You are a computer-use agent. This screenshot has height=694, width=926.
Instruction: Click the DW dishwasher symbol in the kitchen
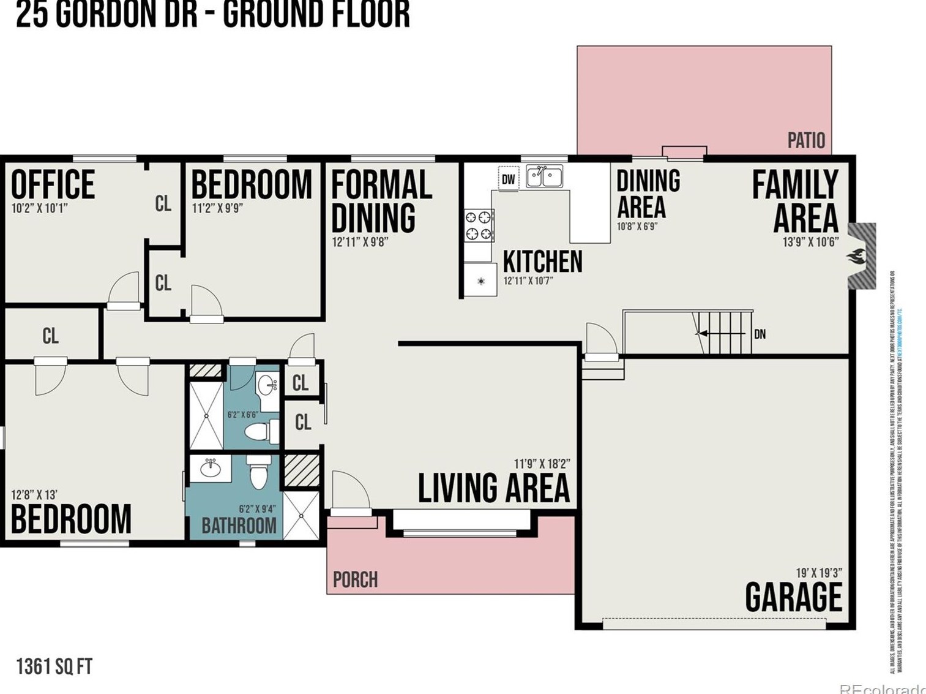[509, 179]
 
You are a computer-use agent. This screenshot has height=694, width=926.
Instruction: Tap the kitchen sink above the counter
[544, 176]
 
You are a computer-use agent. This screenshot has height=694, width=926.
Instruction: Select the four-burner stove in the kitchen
[479, 225]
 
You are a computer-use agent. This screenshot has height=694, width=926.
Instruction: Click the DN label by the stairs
[760, 334]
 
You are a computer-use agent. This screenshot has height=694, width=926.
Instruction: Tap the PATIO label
[806, 140]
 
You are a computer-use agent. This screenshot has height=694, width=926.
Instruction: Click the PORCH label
[355, 579]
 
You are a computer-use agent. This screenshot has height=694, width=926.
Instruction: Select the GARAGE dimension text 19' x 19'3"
[818, 573]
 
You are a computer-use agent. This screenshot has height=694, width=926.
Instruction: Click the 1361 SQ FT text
[54, 666]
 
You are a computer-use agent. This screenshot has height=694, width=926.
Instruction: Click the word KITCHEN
[542, 262]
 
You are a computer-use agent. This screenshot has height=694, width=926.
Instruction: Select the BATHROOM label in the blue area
[239, 526]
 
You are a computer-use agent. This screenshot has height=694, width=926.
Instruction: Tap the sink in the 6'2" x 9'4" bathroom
[211, 469]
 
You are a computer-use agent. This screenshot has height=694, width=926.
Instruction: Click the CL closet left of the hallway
[51, 336]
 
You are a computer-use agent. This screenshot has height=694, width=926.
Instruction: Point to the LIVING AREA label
[493, 488]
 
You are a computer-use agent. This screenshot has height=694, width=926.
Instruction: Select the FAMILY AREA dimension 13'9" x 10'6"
[810, 243]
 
